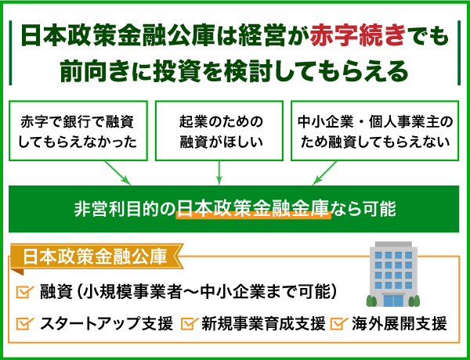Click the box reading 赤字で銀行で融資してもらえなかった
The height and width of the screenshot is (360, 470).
point(77,131)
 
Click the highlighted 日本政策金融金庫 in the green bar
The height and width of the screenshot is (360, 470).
point(254,209)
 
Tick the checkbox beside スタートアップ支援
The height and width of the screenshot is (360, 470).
point(23,323)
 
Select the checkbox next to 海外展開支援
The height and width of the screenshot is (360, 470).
point(338,323)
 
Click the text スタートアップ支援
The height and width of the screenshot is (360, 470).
point(106,323)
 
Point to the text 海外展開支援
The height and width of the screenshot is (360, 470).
point(398,323)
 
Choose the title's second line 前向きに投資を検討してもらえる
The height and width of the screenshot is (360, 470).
point(235,70)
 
